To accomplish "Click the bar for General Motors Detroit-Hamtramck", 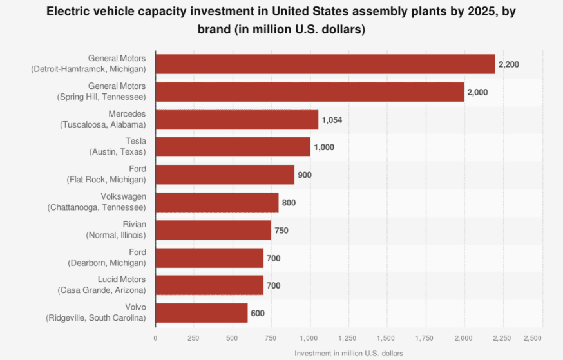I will (x=325, y=64).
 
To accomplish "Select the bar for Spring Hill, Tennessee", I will (x=310, y=91).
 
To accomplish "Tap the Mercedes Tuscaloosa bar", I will (x=237, y=119).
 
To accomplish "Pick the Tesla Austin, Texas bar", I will (x=233, y=147).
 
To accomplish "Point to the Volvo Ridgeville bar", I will (x=202, y=313).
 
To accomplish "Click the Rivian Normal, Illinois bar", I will (x=213, y=230).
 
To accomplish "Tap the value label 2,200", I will (x=509, y=64).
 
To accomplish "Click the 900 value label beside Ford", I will (x=305, y=175).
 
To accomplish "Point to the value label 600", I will (x=258, y=314).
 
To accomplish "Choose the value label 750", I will (x=281, y=231).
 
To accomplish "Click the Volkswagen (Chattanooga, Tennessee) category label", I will (x=97, y=202).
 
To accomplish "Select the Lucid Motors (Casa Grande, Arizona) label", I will (x=100, y=285).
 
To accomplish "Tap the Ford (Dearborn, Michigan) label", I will (x=107, y=258).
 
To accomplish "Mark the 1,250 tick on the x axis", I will (x=348, y=338).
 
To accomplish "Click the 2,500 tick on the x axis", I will (x=533, y=338).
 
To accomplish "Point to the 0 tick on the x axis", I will (x=155, y=338).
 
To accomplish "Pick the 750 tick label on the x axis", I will (x=271, y=338).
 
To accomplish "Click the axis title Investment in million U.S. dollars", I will (x=348, y=354).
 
